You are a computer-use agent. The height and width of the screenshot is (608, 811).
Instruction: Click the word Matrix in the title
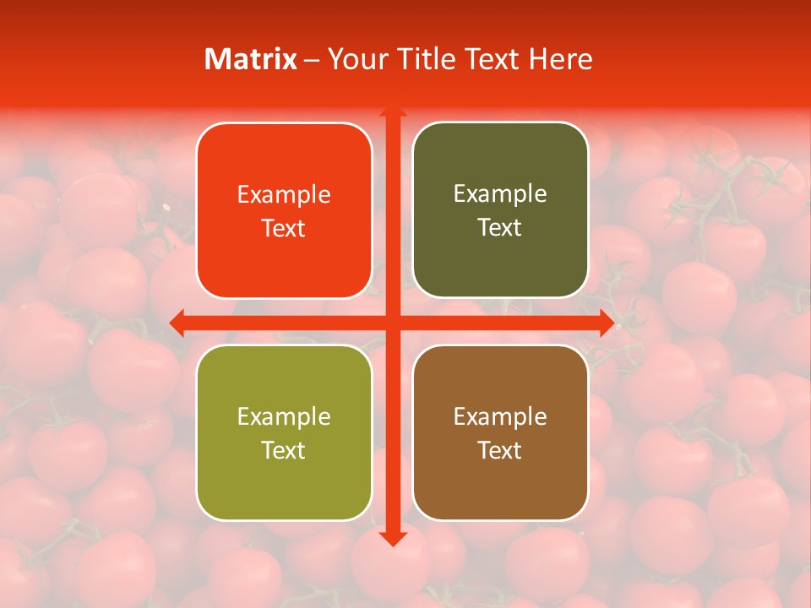pyautogui.click(x=251, y=59)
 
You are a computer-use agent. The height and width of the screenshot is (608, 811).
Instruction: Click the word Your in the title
pyautogui.click(x=354, y=59)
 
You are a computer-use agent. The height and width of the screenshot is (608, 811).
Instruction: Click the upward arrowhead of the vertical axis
pyautogui.click(x=392, y=110)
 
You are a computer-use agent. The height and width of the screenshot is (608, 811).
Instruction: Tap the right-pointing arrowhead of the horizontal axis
pyautogui.click(x=607, y=323)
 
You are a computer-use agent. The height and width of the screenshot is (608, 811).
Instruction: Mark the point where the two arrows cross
pyautogui.click(x=392, y=323)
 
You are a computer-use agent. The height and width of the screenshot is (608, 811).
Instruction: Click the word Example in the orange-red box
pyautogui.click(x=284, y=195)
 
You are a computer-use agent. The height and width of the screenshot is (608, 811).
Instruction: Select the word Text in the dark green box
pyautogui.click(x=500, y=228)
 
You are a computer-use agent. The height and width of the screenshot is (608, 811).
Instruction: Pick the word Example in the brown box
pyautogui.click(x=500, y=416)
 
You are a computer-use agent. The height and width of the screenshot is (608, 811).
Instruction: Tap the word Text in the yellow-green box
pyautogui.click(x=284, y=450)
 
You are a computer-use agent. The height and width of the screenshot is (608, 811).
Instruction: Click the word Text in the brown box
pyautogui.click(x=500, y=450)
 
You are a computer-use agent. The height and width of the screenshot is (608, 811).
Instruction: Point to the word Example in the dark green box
pyautogui.click(x=500, y=194)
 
